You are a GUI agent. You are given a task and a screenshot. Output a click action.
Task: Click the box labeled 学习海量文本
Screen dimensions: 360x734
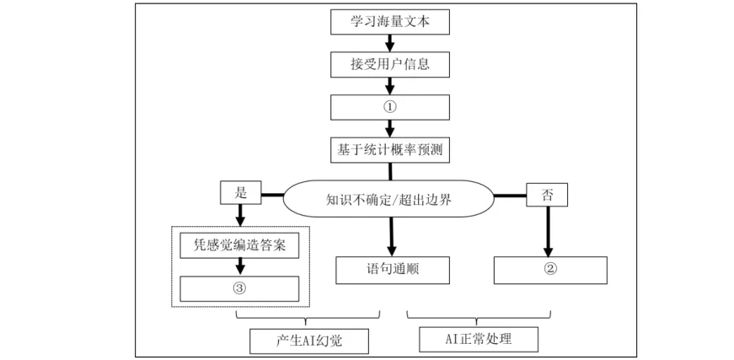tap(388, 20)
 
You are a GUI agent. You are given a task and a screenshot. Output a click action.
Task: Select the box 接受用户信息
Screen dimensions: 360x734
tap(388, 63)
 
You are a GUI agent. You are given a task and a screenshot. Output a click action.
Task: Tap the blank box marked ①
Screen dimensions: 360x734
tap(388, 107)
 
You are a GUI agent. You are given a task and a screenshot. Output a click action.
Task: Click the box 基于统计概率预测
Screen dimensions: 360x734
tap(388, 150)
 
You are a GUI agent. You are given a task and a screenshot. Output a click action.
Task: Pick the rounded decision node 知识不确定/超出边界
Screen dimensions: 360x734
tap(388, 199)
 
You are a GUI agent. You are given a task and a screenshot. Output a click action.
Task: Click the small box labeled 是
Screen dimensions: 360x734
tap(238, 193)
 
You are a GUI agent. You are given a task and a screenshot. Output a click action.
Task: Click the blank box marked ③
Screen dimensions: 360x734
tap(239, 287)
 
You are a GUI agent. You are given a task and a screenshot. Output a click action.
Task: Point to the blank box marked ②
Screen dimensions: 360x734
tap(549, 269)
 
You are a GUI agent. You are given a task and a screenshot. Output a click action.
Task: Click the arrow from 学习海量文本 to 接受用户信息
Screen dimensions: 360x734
tap(388, 41)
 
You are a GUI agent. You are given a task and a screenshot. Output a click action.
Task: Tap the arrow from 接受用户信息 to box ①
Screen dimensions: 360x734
tap(388, 85)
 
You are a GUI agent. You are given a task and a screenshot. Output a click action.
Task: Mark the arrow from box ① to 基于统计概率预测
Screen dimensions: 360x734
tap(388, 128)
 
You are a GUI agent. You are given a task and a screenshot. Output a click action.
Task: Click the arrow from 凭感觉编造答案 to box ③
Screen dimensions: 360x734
tap(239, 266)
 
